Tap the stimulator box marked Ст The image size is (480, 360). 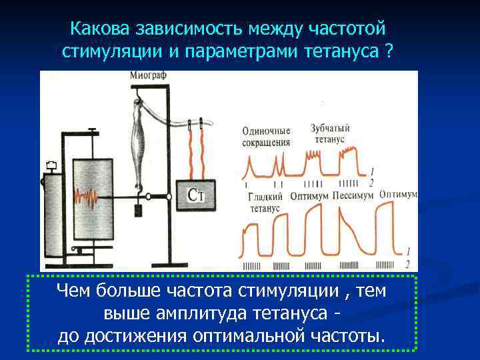[x=195, y=195]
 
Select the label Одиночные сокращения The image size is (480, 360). [x=266, y=137]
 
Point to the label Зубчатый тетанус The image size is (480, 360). [x=327, y=133]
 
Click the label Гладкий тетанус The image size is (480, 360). [x=265, y=203]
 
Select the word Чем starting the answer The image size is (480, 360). [x=74, y=291]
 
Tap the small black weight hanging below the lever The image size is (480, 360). [x=139, y=211]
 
